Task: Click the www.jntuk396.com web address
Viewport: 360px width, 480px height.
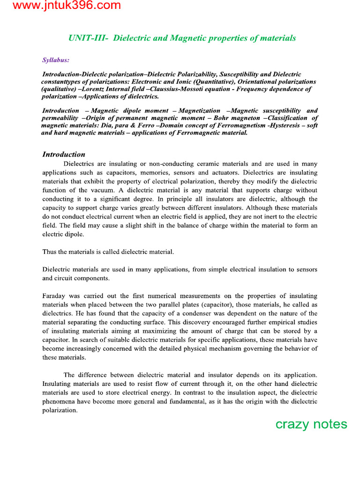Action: coord(60,6)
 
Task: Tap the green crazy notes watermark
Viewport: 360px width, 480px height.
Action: coord(311,424)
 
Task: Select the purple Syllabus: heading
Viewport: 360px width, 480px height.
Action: coord(56,60)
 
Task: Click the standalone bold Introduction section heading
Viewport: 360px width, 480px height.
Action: coord(64,154)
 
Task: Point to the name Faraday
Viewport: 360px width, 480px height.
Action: coord(55,296)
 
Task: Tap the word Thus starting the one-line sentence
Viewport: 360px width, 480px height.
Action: coord(49,252)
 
